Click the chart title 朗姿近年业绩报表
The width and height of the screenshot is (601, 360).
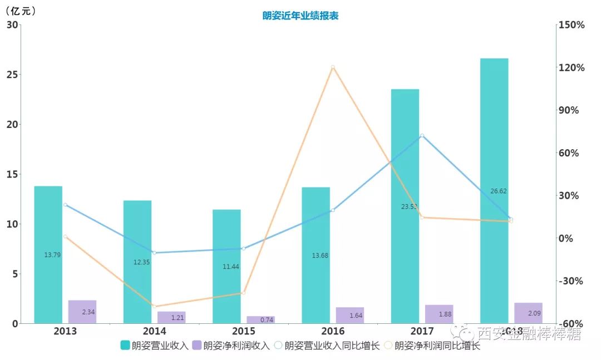(x=300, y=16)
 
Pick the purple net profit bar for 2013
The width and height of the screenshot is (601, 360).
(x=82, y=312)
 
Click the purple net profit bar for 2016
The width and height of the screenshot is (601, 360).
(x=350, y=315)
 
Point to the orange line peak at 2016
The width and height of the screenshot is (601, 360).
(x=333, y=67)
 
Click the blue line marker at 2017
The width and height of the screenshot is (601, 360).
(x=422, y=135)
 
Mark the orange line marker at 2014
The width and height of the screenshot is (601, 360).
(x=154, y=307)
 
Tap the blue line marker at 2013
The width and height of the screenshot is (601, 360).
(x=65, y=205)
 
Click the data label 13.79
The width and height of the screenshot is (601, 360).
(x=52, y=255)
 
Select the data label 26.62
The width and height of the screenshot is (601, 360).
(x=499, y=191)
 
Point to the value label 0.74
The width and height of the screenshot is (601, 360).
(x=267, y=320)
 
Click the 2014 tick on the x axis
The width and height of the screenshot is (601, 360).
(x=154, y=331)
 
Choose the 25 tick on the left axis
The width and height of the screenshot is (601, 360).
(x=12, y=75)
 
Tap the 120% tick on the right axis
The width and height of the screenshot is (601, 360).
(x=573, y=68)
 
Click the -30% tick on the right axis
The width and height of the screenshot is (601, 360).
(x=573, y=281)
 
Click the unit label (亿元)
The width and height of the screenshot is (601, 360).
(x=21, y=11)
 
